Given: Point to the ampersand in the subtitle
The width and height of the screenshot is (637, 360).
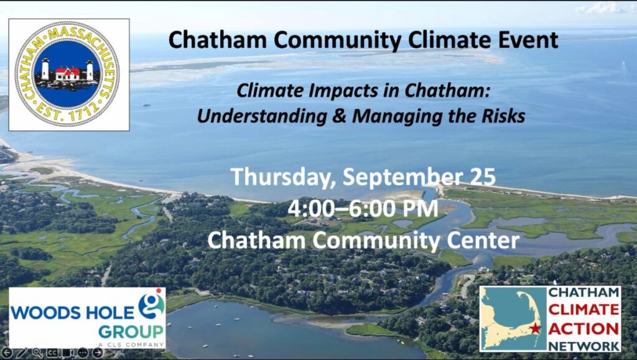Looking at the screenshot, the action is [339, 116].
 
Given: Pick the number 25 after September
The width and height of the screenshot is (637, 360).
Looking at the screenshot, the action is [483, 177].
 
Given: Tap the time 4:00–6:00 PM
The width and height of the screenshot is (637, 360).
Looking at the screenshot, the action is [363, 208].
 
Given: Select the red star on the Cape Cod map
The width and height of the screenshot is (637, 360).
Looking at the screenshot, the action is [536, 328].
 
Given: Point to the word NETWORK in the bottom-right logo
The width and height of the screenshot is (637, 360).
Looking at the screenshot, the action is [584, 346].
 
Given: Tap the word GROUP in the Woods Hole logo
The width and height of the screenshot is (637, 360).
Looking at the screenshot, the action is [131, 332].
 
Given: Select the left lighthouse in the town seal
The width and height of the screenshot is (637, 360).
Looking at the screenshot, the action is [45, 68].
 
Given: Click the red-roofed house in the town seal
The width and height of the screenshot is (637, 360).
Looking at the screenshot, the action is [67, 74].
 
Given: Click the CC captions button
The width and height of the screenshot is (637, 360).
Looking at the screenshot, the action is [52, 353].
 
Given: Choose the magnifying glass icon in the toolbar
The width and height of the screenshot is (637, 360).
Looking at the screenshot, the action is [37, 353].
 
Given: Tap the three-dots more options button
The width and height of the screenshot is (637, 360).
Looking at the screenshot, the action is [83, 353].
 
